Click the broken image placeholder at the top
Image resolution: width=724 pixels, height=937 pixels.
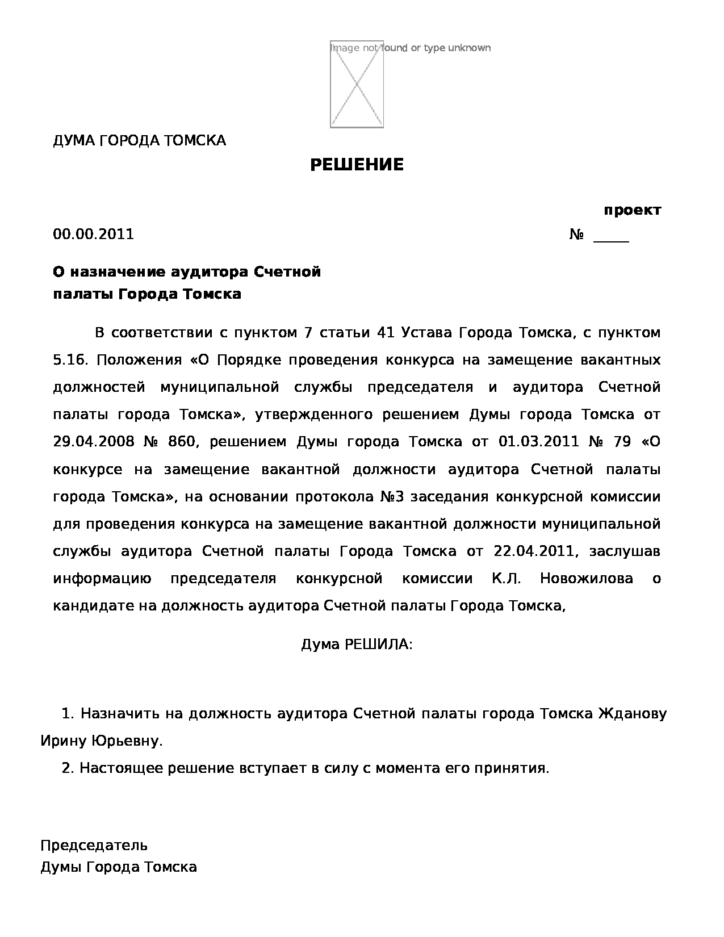(x=357, y=85)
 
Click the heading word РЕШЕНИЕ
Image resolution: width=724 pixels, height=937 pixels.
(x=357, y=165)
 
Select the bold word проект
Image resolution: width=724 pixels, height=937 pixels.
(x=632, y=210)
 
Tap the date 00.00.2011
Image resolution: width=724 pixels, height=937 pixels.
(x=94, y=235)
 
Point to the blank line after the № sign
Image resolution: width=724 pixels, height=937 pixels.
(x=611, y=236)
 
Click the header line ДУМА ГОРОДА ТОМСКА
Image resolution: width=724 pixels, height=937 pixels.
(x=139, y=140)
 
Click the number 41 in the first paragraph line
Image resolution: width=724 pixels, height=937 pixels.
(x=386, y=333)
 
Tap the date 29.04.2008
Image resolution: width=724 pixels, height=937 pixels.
(x=94, y=442)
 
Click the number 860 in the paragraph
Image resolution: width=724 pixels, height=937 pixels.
(x=181, y=442)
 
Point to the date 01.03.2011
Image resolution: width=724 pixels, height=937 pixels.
(x=538, y=442)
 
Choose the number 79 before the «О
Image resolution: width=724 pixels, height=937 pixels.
(x=622, y=442)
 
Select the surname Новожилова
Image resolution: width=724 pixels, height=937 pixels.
(x=587, y=579)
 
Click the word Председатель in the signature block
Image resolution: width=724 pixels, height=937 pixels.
(x=94, y=846)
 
